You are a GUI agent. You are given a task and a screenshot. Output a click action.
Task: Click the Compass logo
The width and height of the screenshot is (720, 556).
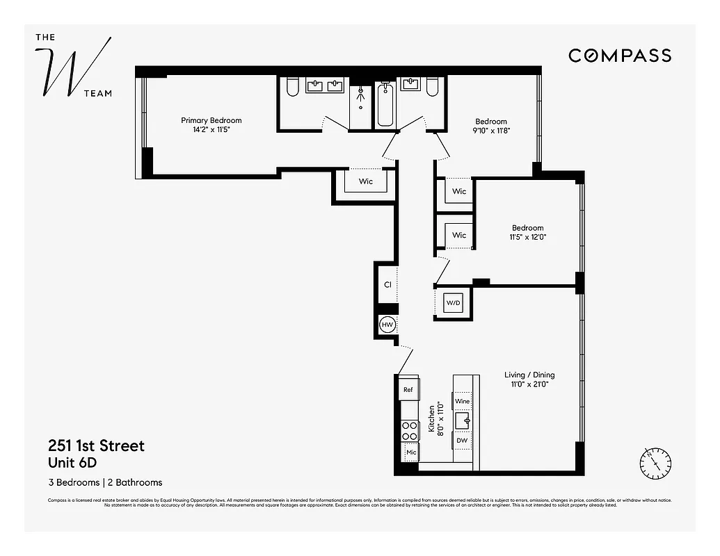pos(619,56)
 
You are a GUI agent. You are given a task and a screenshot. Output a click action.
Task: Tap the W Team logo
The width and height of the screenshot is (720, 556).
pos(74,65)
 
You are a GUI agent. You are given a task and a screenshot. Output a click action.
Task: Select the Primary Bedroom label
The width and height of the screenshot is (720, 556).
pos(211,120)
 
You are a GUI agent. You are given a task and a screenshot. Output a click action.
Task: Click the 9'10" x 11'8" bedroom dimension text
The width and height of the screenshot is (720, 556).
pos(492,130)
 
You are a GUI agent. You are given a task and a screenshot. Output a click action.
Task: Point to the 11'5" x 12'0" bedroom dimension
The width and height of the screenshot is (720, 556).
pos(528,237)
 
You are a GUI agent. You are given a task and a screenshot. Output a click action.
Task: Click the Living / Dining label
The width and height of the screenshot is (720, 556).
pos(529,375)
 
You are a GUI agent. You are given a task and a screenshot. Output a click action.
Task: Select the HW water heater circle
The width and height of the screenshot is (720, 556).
pos(387,325)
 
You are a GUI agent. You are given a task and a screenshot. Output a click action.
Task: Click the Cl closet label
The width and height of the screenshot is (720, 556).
pos(387,284)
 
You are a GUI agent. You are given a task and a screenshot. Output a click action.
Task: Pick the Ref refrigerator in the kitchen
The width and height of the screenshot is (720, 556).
pos(408,390)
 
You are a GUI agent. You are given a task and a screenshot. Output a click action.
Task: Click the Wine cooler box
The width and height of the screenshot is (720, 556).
pos(462,401)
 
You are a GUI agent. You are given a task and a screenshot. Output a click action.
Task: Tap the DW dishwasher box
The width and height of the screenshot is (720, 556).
pos(462,440)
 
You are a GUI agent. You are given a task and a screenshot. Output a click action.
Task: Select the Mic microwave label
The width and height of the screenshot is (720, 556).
pos(410,452)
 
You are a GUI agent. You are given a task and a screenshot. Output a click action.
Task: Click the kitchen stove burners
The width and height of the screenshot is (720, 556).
pos(409,431)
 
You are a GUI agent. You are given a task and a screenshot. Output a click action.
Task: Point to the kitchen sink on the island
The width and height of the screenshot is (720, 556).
pos(462,420)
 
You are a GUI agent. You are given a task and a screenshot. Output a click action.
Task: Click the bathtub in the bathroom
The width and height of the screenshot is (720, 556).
pos(385,105)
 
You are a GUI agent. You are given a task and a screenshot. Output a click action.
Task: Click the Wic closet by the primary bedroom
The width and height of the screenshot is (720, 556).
pos(365,181)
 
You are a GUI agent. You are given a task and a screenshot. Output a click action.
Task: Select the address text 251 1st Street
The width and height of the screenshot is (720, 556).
pos(96,445)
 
